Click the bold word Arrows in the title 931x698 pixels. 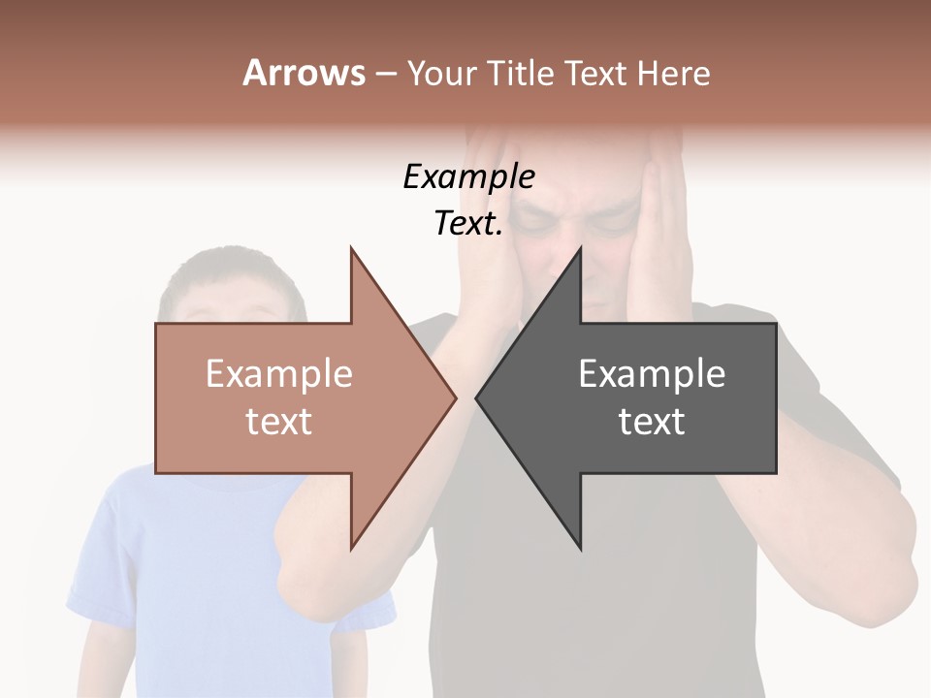pos(305,73)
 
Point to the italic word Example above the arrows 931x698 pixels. pos(468,176)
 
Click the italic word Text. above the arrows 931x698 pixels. pos(468,224)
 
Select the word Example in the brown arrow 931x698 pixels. pos(279,373)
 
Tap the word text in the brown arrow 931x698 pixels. pos(279,421)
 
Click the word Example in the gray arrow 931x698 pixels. pos(652,373)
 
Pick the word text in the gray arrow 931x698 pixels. pos(652,421)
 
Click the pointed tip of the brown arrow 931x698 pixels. pos(455,398)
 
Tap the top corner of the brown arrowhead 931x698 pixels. pos(352,249)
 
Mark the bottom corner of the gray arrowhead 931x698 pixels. pos(580,549)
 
